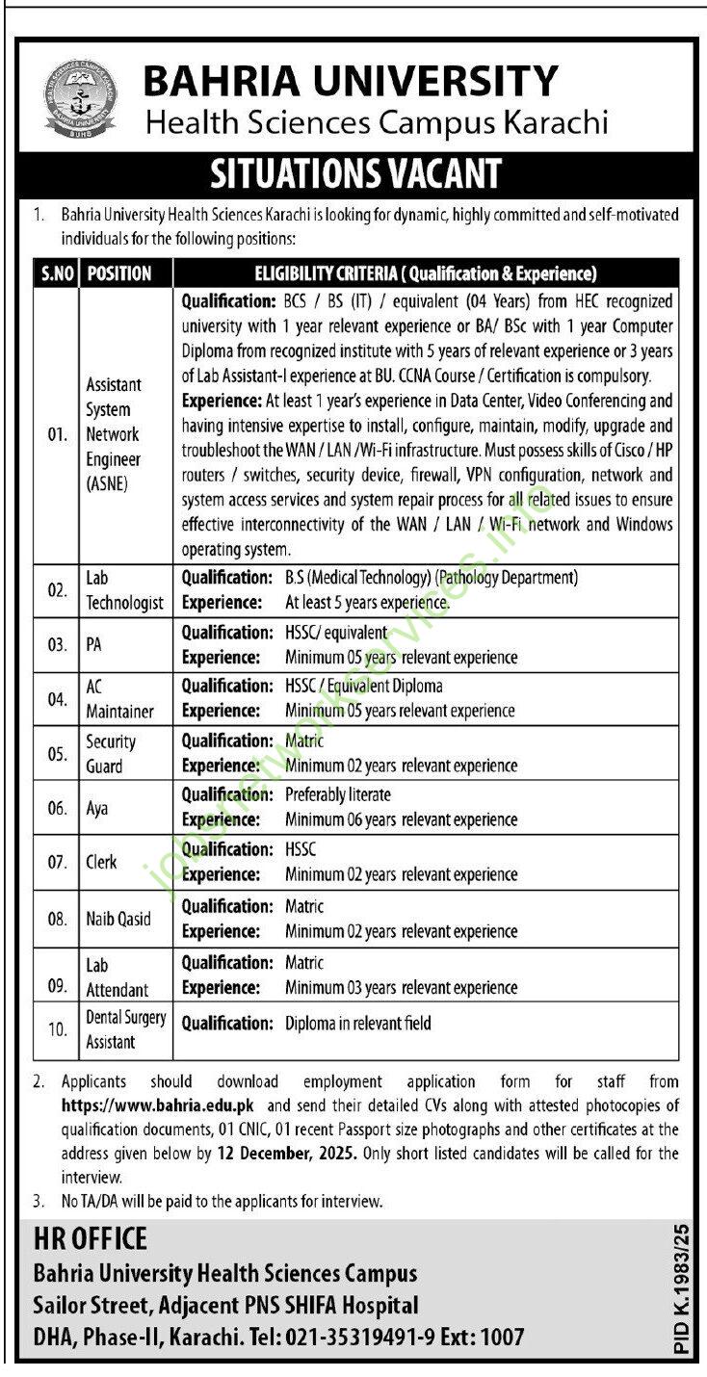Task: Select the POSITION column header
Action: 119,273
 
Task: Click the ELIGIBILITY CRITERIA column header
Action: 425,273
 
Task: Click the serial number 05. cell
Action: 57,754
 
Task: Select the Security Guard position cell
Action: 111,754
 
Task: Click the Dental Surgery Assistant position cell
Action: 125,1029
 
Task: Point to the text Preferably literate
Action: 338,795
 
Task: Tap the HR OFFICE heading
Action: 91,1238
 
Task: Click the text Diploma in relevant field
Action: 357,1024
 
